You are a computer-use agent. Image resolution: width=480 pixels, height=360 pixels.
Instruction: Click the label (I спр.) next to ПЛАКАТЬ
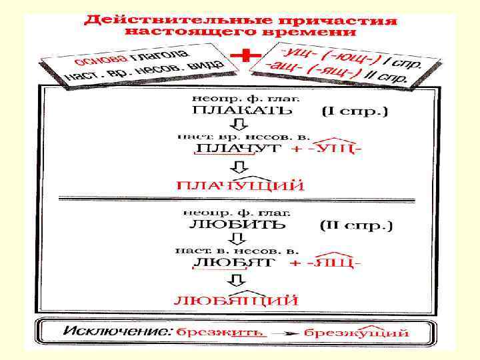tap(354, 111)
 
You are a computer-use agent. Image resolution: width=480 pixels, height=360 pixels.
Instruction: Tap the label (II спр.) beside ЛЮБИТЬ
tap(357, 226)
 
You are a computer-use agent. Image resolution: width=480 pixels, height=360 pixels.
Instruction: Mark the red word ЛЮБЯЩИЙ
tap(236, 301)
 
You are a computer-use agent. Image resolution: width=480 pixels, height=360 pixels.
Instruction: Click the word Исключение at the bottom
tap(117, 331)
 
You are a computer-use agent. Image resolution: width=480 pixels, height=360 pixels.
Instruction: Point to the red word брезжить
tap(219, 331)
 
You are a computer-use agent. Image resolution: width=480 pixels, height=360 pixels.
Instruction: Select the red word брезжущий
tap(356, 331)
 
